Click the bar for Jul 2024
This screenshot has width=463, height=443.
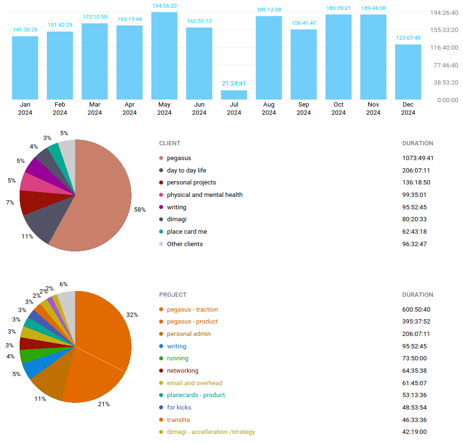pyautogui.click(x=234, y=95)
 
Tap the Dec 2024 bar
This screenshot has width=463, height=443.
pyautogui.click(x=408, y=72)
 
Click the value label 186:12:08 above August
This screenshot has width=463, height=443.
pyautogui.click(x=268, y=10)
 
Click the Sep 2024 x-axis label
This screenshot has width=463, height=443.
pyautogui.click(x=304, y=108)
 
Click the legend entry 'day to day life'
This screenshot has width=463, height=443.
pyautogui.click(x=187, y=171)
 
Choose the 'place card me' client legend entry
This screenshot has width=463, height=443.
pyautogui.click(x=187, y=232)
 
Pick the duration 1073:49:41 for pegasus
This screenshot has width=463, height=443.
pyautogui.click(x=418, y=158)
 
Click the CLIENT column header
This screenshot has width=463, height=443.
pyautogui.click(x=170, y=143)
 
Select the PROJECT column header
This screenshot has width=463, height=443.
pyautogui.click(x=173, y=295)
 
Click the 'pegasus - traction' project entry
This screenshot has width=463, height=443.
pyautogui.click(x=192, y=310)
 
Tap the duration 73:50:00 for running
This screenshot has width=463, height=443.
pyautogui.click(x=414, y=358)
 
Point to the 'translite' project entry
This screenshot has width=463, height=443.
pyautogui.click(x=178, y=420)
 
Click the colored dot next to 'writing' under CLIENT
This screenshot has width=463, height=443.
pyautogui.click(x=161, y=207)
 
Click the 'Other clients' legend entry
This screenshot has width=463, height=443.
pyautogui.click(x=185, y=244)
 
